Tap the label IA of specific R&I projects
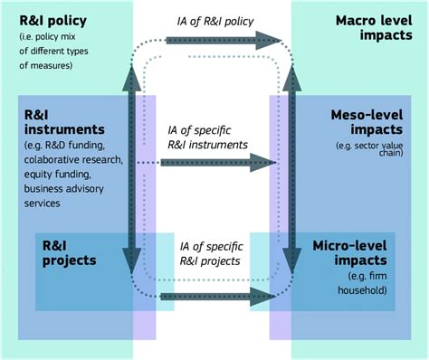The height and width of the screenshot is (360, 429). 210,252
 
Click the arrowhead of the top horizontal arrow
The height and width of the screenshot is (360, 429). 269,40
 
